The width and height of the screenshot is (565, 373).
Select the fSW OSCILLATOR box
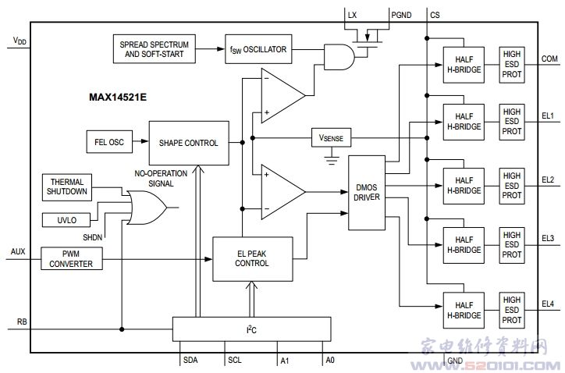[258, 50]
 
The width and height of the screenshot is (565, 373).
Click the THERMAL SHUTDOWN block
[68, 186]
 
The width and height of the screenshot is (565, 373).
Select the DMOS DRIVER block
[368, 193]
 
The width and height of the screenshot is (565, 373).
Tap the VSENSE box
[331, 138]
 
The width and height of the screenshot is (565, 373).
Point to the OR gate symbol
[149, 208]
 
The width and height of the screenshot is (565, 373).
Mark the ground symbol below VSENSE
[331, 162]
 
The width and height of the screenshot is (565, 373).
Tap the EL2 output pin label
[547, 179]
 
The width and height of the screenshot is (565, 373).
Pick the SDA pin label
[190, 360]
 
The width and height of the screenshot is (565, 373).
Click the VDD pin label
[19, 40]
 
